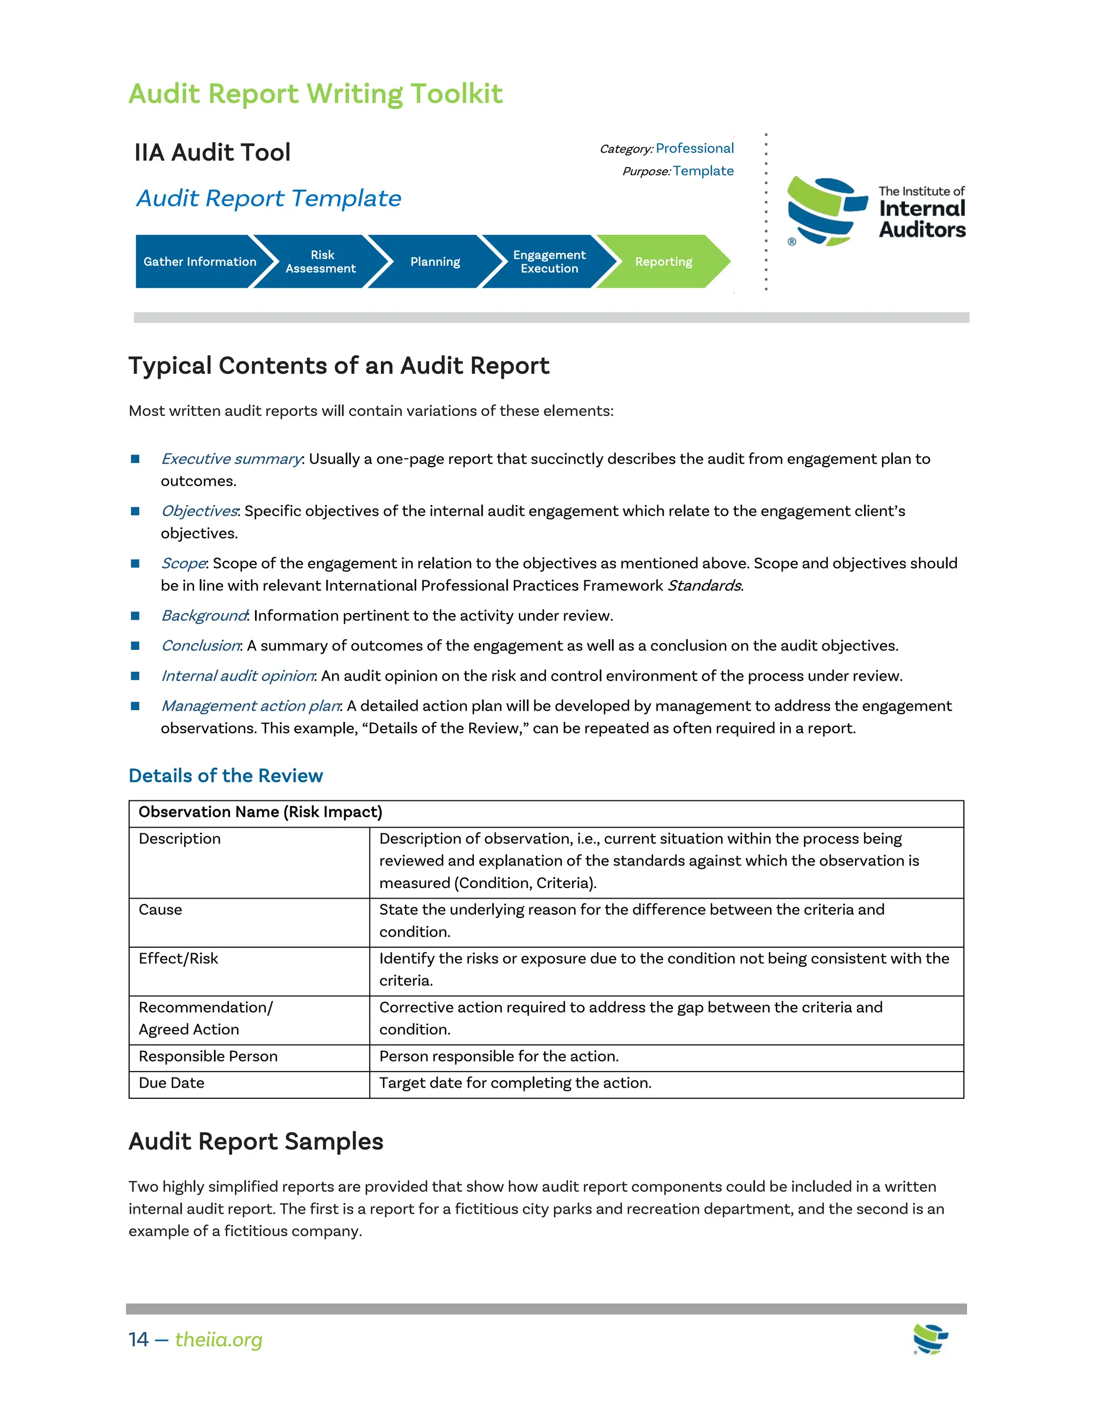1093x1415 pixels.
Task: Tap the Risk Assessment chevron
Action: click(x=321, y=262)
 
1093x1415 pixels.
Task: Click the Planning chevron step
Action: click(x=435, y=262)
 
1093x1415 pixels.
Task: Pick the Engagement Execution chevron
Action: click(x=549, y=262)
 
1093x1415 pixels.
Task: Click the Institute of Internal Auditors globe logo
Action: click(x=826, y=212)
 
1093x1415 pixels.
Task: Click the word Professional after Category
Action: click(x=694, y=148)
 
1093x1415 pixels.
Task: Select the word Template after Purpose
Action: click(x=703, y=171)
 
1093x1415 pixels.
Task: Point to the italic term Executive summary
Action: click(x=231, y=459)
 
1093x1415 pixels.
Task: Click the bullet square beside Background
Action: click(x=136, y=616)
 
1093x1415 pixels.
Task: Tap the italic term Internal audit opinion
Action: click(x=237, y=676)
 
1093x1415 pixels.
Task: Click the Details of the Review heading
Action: click(x=225, y=775)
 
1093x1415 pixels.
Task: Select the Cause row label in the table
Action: click(x=161, y=910)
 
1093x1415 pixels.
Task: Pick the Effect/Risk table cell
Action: click(x=179, y=958)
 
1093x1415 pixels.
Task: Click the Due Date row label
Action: click(x=172, y=1083)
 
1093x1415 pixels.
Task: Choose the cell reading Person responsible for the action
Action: click(x=498, y=1056)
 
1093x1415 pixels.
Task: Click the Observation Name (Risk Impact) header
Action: click(x=260, y=812)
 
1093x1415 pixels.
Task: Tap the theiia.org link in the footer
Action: click(x=218, y=1339)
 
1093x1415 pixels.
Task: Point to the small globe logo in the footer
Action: click(x=930, y=1339)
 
